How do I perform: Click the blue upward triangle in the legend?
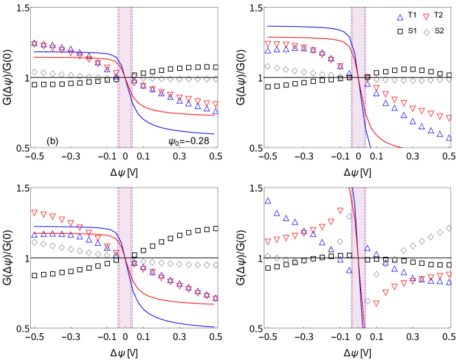point(400,17)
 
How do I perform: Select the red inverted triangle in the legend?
point(426,17)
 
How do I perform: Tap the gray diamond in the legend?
point(426,32)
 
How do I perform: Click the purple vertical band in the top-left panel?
point(125,78)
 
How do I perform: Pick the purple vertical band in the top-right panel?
point(358,78)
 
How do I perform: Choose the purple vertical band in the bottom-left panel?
point(125,257)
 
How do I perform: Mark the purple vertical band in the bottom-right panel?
point(358,257)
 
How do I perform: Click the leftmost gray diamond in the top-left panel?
point(34,72)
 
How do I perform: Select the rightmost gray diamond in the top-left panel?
point(216,79)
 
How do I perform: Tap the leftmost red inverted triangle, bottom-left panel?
point(34,213)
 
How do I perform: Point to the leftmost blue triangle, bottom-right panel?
point(268,200)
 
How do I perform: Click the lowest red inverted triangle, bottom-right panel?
point(376,303)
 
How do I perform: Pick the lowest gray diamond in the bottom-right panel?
point(367,301)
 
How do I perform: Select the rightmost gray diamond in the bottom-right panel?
point(449,227)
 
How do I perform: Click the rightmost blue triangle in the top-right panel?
point(449,137)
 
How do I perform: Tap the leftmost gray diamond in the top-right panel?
point(268,67)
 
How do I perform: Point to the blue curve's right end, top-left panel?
point(216,133)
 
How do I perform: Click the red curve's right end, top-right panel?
point(401,146)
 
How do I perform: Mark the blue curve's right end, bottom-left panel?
point(215,326)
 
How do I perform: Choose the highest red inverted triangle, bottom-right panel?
point(340,211)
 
